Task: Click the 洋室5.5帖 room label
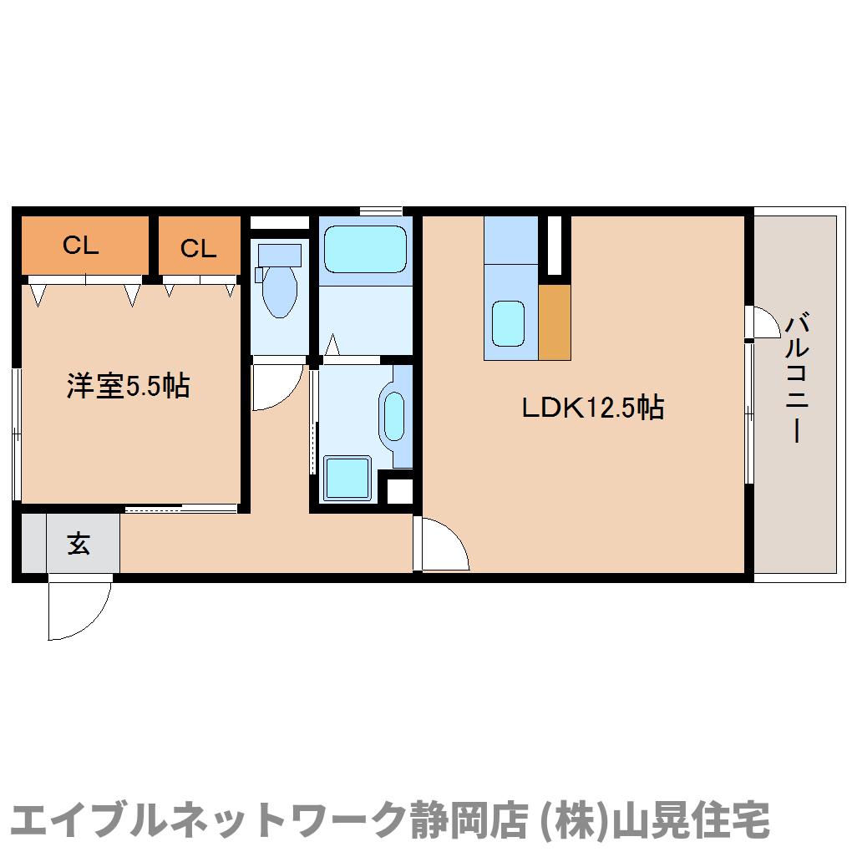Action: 129,386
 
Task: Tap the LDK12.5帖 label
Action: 593,408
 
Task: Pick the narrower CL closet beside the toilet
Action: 199,246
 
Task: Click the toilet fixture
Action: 278,280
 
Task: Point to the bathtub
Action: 364,248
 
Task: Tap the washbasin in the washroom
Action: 393,415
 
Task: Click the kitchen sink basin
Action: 509,323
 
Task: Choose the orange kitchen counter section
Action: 555,322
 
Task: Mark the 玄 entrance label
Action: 79,544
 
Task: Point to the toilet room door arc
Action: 276,387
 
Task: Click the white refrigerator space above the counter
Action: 554,246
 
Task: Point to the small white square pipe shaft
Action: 400,490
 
